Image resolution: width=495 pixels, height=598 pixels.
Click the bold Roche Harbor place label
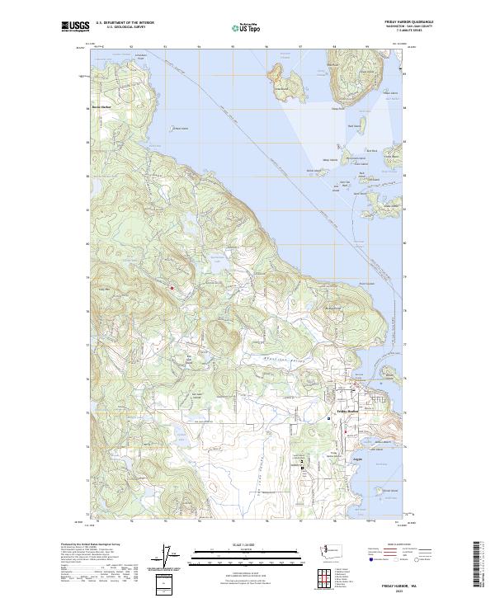click(x=100, y=107)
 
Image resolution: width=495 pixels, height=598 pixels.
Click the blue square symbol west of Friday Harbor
click(x=329, y=419)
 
